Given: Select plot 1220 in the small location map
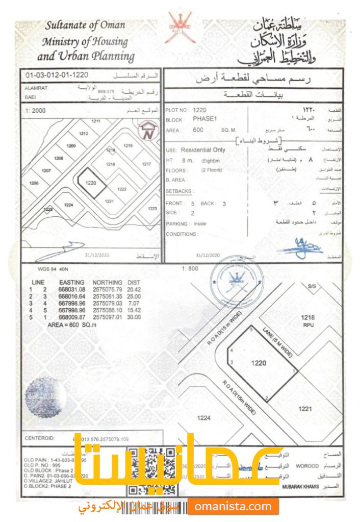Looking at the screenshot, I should click(x=91, y=182).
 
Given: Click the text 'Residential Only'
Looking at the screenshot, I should click(x=203, y=151).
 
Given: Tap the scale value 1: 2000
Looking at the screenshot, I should click(x=36, y=110).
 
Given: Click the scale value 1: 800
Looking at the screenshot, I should click(x=189, y=268).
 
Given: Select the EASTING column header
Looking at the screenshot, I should click(x=71, y=282).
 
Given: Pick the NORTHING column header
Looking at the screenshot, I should click(x=107, y=282).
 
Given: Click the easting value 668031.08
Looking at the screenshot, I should click(x=72, y=289).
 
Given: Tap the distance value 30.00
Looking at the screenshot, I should click(x=134, y=317).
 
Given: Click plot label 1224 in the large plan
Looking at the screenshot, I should click(x=203, y=418).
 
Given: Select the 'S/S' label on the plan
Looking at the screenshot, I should click(x=312, y=287).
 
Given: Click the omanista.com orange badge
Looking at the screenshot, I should click(x=233, y=507).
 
